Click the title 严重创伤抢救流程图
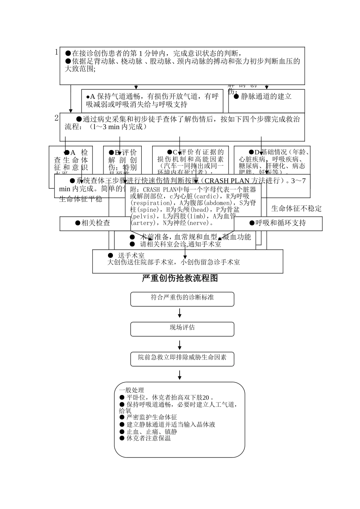(x=180, y=278)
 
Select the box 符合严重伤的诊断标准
(x=182, y=299)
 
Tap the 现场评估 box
(x=182, y=329)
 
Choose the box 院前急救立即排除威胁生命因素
(x=182, y=359)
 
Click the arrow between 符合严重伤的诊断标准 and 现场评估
(x=180, y=313)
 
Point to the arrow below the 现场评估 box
(x=180, y=345)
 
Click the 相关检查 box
(x=95, y=223)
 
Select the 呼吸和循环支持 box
(x=279, y=223)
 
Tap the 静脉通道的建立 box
(x=266, y=97)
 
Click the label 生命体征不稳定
(x=296, y=209)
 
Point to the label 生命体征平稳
(x=81, y=199)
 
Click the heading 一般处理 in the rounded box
(x=131, y=390)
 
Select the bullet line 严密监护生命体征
(x=152, y=417)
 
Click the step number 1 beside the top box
(x=56, y=52)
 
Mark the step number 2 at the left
(x=56, y=118)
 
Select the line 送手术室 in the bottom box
(x=131, y=256)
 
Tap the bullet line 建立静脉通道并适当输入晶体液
(x=171, y=425)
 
